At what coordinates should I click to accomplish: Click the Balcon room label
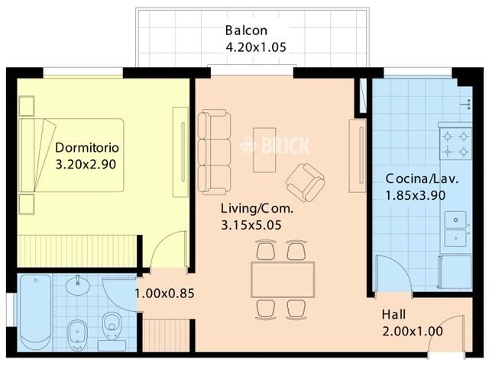tap(246, 30)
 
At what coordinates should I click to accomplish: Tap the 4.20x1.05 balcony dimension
tap(256, 47)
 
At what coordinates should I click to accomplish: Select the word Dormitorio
tap(87, 147)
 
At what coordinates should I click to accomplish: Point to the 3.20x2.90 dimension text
tap(86, 165)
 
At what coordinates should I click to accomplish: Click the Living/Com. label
tap(257, 208)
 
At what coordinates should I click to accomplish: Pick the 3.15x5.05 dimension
tap(251, 225)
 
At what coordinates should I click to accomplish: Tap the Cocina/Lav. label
tap(422, 179)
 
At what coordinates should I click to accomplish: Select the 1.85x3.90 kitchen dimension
tap(416, 195)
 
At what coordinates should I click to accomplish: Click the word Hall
tap(394, 314)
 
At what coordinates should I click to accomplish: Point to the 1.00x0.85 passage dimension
tap(165, 293)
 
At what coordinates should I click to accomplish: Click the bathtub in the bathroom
tap(35, 313)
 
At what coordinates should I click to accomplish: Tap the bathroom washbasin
tap(78, 284)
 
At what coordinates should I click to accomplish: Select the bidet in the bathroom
tap(77, 335)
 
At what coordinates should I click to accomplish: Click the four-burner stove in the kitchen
tap(455, 144)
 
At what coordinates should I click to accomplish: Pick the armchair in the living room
tap(306, 183)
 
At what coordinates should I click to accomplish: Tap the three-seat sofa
tap(214, 152)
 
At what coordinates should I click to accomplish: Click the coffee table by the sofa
tap(264, 150)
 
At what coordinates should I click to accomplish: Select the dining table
tap(283, 280)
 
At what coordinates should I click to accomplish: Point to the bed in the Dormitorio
tap(71, 155)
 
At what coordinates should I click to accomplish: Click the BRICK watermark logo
tap(274, 145)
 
